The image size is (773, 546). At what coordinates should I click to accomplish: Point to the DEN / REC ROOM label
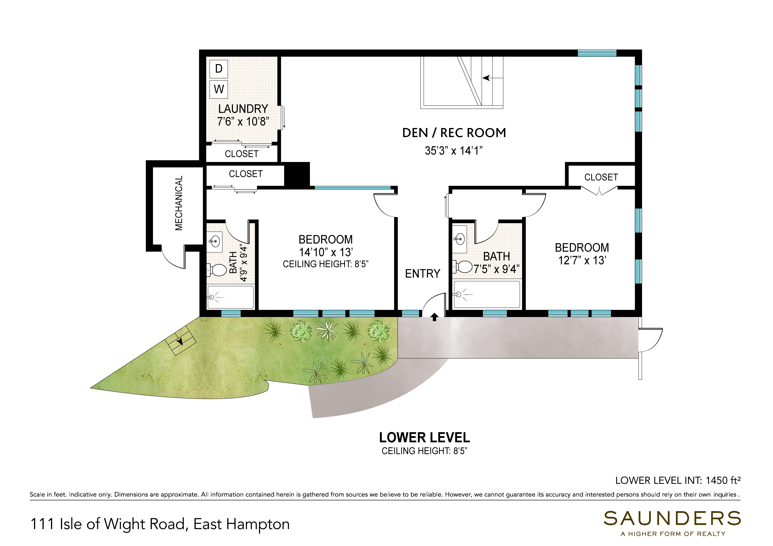(454, 133)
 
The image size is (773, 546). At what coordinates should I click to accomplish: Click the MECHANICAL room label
(179, 203)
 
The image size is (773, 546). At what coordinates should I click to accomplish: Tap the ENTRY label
(423, 274)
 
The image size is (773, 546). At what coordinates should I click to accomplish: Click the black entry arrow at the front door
(434, 317)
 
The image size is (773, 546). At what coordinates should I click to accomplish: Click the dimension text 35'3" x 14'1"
(454, 151)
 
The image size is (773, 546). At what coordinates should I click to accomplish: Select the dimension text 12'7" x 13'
(582, 260)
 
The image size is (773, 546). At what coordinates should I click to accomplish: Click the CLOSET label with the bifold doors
(601, 177)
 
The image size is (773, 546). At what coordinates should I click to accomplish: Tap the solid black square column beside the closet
(297, 174)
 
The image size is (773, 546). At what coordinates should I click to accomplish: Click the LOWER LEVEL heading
(425, 438)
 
